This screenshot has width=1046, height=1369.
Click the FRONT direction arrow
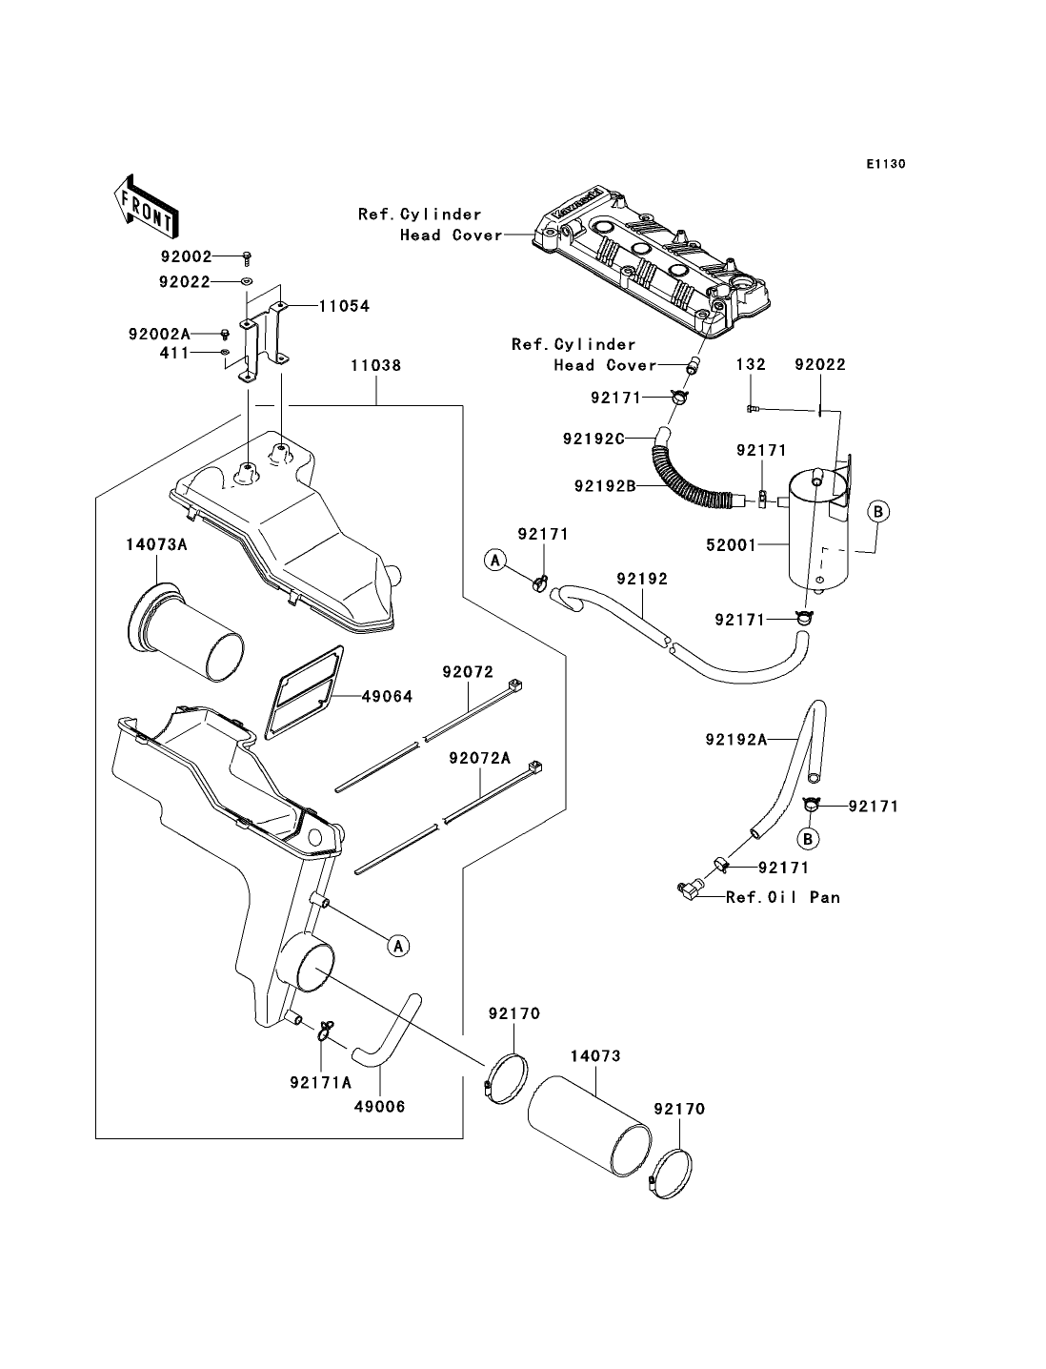(x=146, y=205)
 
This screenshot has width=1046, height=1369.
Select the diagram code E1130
(x=885, y=164)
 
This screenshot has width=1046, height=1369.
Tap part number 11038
(x=375, y=365)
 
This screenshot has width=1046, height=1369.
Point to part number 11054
(x=345, y=306)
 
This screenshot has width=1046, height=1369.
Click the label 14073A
(x=156, y=544)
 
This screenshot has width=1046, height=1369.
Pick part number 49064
(x=387, y=696)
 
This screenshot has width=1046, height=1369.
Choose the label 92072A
(x=480, y=758)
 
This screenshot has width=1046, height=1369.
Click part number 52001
(x=732, y=545)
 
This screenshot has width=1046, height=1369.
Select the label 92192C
(x=593, y=439)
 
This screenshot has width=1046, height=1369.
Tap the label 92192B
(x=605, y=485)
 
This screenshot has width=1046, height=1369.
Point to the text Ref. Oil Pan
(x=783, y=897)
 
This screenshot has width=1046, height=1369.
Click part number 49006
(x=379, y=1107)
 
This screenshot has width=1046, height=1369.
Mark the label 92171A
(x=321, y=1082)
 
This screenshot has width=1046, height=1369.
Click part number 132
(x=751, y=363)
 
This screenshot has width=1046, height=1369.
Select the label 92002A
(x=159, y=334)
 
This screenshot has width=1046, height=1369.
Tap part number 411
(x=174, y=353)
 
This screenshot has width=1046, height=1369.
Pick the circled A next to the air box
(x=398, y=946)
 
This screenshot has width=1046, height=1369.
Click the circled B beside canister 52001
(x=877, y=511)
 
